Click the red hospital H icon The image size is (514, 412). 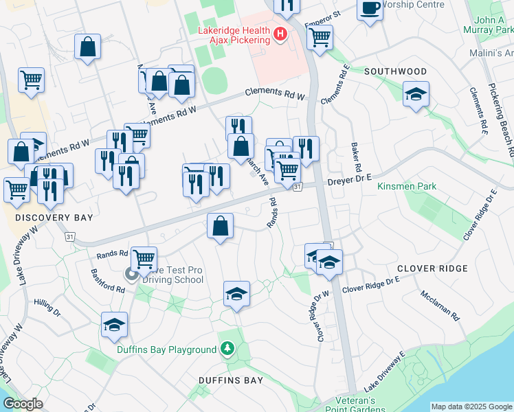(x=280, y=33)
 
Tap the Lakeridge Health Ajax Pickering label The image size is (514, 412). (x=234, y=36)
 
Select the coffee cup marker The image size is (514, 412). (x=370, y=10)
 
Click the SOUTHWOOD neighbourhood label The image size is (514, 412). (x=395, y=71)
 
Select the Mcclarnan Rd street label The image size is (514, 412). (x=440, y=305)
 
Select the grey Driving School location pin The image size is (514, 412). (x=131, y=275)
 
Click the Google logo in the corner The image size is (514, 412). (x=23, y=404)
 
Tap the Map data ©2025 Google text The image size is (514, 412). (x=471, y=407)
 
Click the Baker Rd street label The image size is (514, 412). (x=356, y=158)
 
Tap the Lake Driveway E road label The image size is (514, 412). (x=389, y=374)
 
